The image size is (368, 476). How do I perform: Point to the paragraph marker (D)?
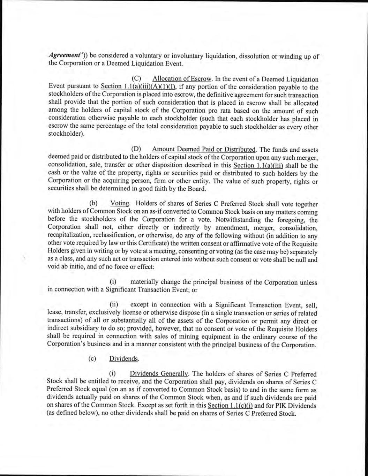(136, 150)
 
